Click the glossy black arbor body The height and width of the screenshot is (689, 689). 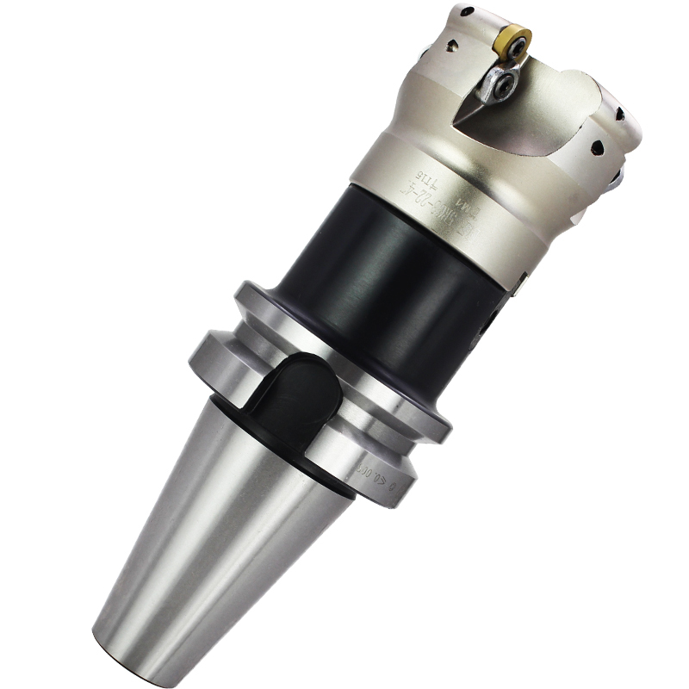[379, 284]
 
